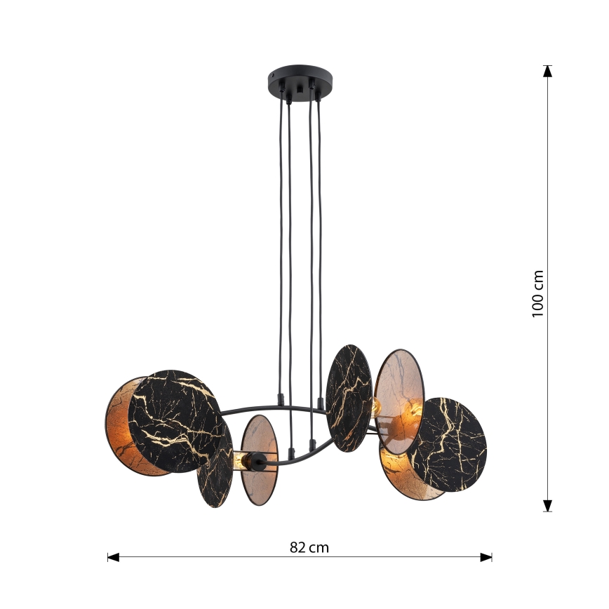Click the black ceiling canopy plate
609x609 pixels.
pyautogui.click(x=300, y=75)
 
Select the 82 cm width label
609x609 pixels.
pyautogui.click(x=309, y=547)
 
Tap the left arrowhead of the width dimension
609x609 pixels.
pyautogui.click(x=112, y=557)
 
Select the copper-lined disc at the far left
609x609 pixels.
pyautogui.click(x=121, y=421)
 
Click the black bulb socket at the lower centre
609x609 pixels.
pyautogui.click(x=257, y=462)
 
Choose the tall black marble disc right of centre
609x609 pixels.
pyautogui.click(x=349, y=397)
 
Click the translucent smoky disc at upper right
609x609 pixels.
pyautogui.click(x=398, y=393)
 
